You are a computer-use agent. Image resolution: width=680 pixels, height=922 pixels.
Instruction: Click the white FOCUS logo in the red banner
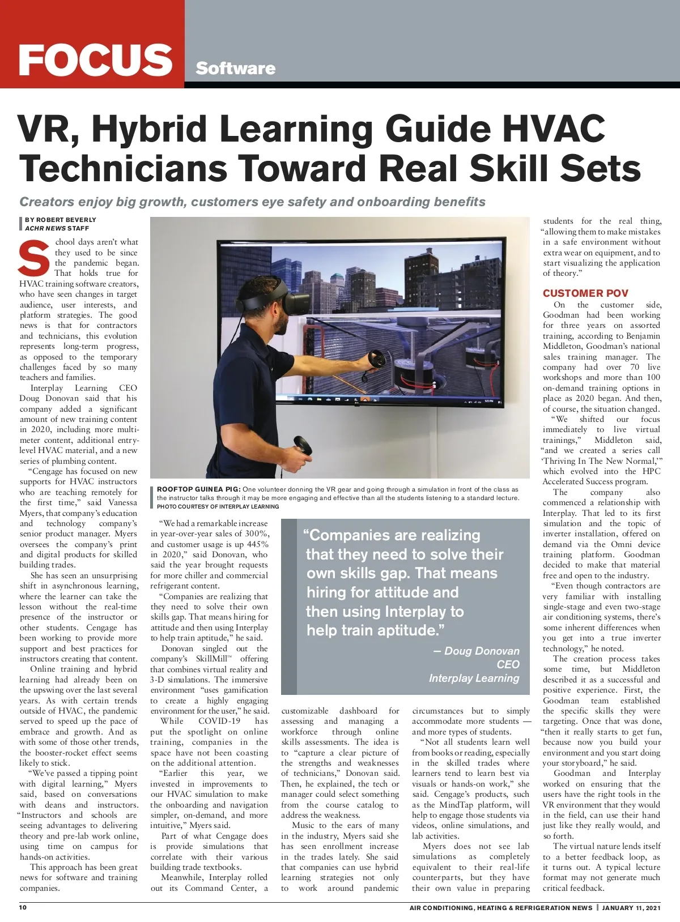[95, 59]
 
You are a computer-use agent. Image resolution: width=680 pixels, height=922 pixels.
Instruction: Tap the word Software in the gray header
[235, 69]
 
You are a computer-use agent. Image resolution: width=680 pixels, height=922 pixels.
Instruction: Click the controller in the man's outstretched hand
[375, 358]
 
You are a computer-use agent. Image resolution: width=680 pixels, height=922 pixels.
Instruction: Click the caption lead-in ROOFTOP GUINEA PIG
[198, 489]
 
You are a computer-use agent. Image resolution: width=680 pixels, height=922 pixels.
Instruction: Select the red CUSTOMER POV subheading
[585, 293]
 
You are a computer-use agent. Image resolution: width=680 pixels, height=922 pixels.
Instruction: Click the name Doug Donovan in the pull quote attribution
[482, 651]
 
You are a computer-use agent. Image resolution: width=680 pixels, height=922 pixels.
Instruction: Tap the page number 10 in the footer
[23, 907]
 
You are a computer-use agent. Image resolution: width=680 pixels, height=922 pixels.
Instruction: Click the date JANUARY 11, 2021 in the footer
[631, 908]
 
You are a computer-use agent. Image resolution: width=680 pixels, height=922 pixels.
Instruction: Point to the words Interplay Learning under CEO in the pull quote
[474, 678]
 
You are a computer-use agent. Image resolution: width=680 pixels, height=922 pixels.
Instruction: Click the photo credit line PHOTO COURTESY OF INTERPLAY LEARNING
[218, 506]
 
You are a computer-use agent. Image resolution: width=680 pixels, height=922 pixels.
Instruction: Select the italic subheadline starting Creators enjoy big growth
[252, 202]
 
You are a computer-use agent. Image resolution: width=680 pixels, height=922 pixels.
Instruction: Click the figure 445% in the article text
[257, 544]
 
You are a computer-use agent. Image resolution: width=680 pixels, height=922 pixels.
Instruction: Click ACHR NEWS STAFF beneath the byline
[57, 228]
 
